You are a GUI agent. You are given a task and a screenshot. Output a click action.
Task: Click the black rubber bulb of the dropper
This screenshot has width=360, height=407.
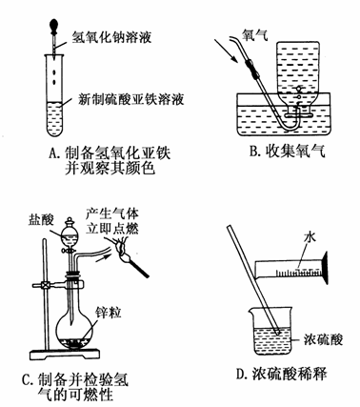[55, 26]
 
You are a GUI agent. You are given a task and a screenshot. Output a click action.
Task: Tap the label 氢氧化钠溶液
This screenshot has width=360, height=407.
[111, 36]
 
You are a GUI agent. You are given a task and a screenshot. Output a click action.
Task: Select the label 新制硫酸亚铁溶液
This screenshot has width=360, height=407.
[131, 100]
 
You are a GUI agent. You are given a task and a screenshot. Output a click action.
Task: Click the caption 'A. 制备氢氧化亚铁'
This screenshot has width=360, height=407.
[110, 153]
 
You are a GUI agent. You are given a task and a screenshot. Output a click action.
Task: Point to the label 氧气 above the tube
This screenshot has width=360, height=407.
[254, 34]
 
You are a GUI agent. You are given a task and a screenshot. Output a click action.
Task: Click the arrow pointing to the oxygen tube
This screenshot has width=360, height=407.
[227, 51]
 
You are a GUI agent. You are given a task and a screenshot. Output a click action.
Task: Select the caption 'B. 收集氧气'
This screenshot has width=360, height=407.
[287, 152]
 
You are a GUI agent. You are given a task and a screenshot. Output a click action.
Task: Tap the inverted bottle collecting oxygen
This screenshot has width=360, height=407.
[298, 76]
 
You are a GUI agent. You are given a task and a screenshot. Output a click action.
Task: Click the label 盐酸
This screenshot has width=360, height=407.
[41, 220]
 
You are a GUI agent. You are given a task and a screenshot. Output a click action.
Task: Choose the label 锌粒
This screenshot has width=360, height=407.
[109, 313]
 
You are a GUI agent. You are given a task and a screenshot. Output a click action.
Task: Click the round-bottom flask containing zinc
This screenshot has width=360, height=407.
[75, 331]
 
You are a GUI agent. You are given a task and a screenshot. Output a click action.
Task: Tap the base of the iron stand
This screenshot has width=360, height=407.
[65, 355]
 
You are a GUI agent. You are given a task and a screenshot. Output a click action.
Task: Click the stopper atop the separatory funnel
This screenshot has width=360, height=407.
[69, 220]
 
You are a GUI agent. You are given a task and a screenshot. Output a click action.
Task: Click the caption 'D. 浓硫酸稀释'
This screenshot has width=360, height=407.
[282, 374]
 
